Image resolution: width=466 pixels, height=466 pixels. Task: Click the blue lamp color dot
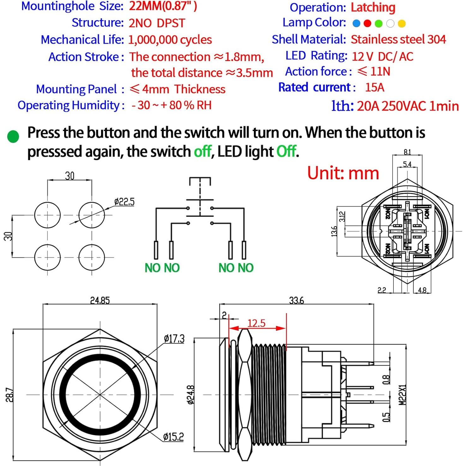coord(356,23)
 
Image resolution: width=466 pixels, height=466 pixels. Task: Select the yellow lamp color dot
coord(402,23)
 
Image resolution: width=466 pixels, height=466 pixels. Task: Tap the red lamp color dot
coord(367,23)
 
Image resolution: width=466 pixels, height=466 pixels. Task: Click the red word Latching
coord(373,7)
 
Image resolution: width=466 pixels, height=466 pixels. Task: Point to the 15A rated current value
coord(374,87)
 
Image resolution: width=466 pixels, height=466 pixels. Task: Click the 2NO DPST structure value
coord(157,23)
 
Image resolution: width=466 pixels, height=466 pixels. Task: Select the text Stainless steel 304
coord(398,39)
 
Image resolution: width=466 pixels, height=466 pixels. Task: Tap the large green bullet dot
coord(13,136)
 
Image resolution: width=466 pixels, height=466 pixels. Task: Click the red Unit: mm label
coord(343,173)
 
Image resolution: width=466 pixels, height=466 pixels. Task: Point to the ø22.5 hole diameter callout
coord(124,202)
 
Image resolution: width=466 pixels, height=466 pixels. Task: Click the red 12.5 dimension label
coord(256,323)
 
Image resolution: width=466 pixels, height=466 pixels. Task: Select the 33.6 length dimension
coord(296,300)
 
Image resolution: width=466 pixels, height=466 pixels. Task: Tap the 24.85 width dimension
coord(100,300)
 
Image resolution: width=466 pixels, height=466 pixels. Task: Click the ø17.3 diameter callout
coord(174,339)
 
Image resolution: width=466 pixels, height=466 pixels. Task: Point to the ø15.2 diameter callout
coord(173,437)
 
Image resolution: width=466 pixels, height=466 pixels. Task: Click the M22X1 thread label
coord(402,395)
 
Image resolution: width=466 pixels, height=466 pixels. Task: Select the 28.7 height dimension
coord(9,395)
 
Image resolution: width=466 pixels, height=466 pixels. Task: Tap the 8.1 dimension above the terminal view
coord(407,152)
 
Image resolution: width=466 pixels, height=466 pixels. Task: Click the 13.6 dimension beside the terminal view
coord(334,231)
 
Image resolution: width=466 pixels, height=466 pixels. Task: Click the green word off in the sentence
coord(202,152)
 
